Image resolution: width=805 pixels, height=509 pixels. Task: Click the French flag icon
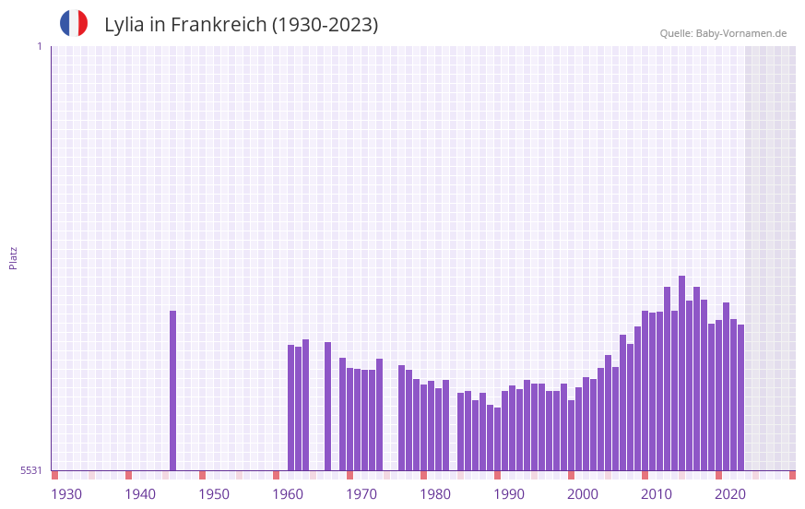[74, 23]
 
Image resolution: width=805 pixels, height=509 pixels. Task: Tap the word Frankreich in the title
[218, 25]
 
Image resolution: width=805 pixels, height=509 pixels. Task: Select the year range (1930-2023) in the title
[325, 25]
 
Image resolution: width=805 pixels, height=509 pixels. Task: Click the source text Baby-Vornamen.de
[740, 33]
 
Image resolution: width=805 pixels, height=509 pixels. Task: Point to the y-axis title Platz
[13, 257]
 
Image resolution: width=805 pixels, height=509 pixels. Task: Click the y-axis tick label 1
[39, 46]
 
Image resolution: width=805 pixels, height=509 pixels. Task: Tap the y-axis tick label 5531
[31, 470]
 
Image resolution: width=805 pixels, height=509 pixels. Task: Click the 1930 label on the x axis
[66, 494]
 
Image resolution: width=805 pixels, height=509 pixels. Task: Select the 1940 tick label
[140, 494]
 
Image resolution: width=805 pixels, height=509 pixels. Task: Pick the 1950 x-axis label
[214, 494]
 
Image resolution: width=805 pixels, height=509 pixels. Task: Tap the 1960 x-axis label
[288, 494]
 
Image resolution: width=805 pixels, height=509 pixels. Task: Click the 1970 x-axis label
[361, 494]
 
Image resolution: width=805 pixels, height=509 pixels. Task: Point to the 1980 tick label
[435, 494]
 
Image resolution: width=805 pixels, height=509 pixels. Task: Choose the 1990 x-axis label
[509, 494]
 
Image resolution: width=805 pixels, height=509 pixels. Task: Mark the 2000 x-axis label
[583, 494]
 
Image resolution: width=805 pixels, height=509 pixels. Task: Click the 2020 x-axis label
[730, 494]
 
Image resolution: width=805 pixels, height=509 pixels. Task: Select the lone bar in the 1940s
[172, 391]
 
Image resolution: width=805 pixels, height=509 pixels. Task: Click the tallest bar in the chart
[681, 373]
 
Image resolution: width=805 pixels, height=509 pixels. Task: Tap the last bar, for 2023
[740, 397]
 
